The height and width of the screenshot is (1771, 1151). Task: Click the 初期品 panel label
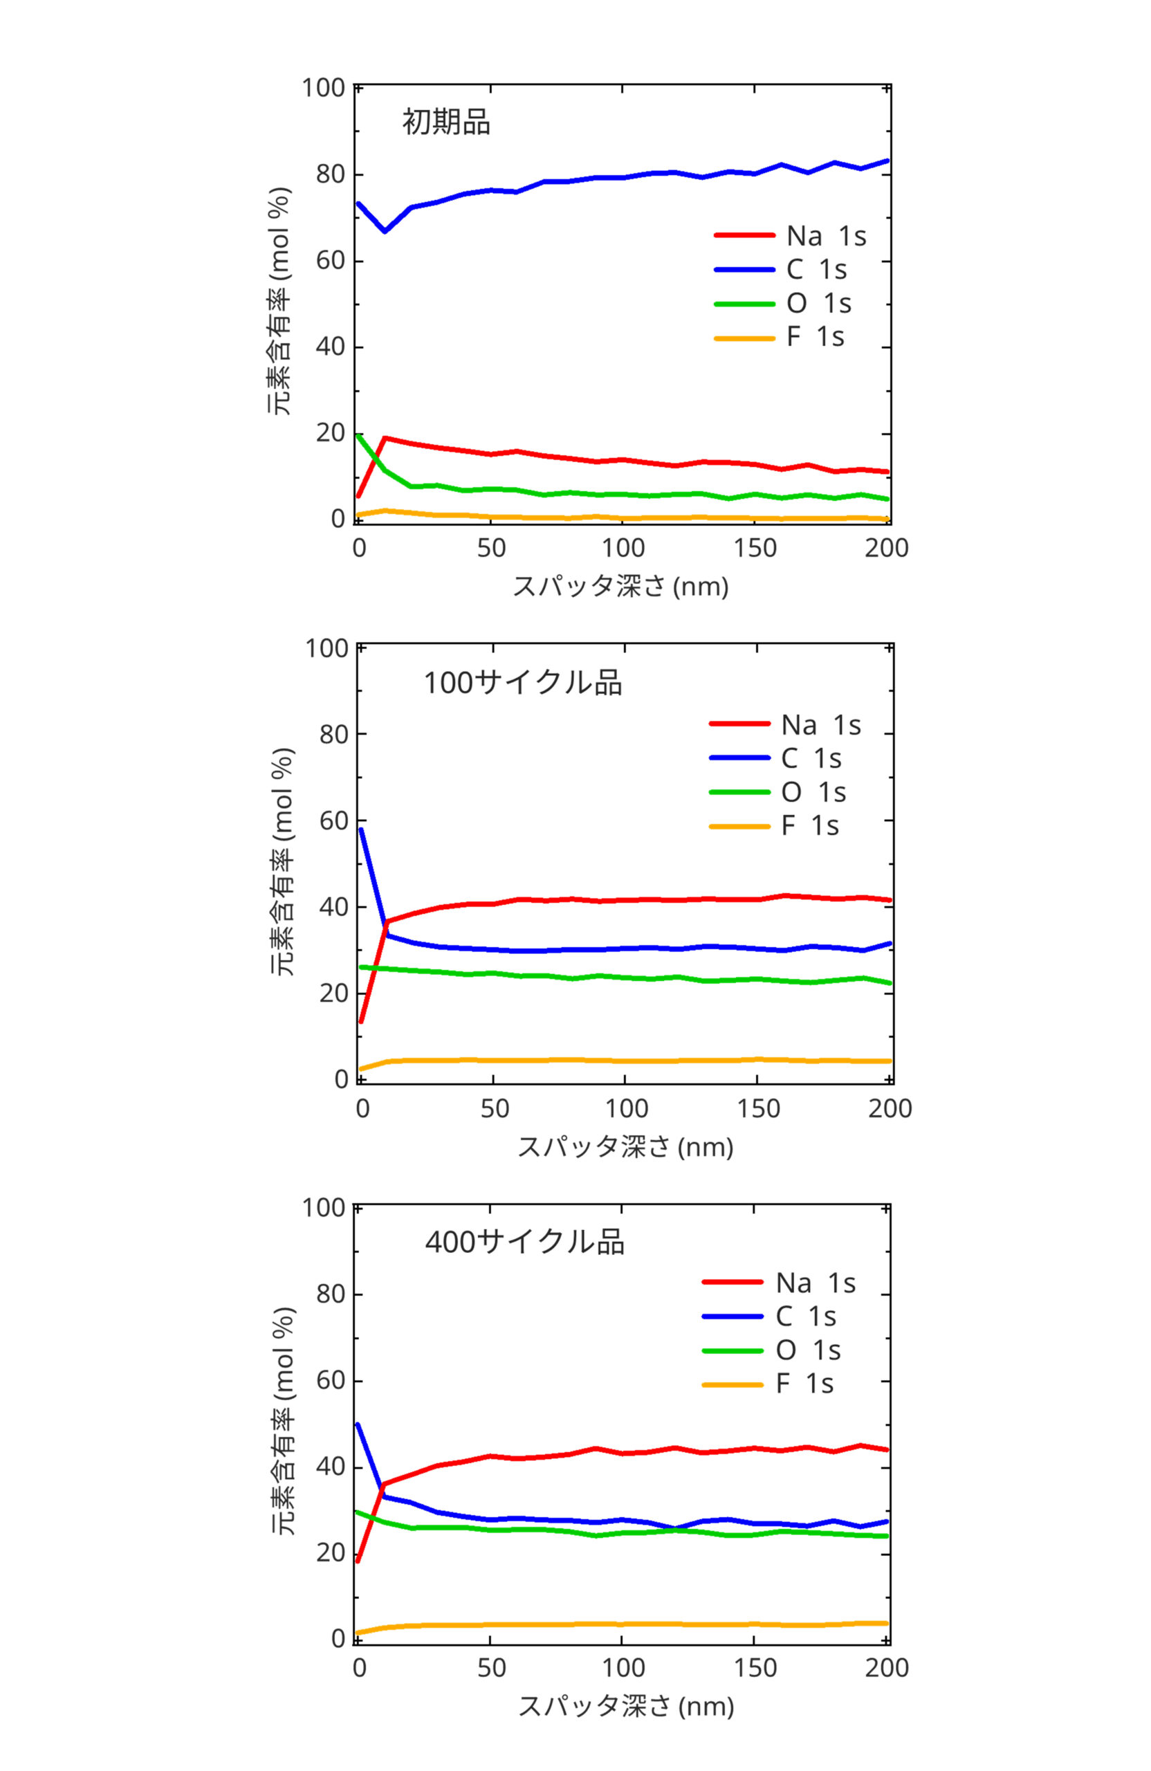pyautogui.click(x=445, y=122)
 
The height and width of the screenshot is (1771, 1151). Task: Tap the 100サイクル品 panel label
pyautogui.click(x=522, y=682)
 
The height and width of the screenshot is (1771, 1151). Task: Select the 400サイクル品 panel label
pyautogui.click(x=524, y=1242)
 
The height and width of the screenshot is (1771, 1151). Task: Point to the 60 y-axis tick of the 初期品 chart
pyautogui.click(x=331, y=261)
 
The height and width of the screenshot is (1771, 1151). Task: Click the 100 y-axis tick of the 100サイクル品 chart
pyautogui.click(x=326, y=648)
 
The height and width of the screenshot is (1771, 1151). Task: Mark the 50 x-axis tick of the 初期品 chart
pyautogui.click(x=491, y=549)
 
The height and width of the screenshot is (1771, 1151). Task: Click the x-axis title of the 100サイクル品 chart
pyautogui.click(x=625, y=1147)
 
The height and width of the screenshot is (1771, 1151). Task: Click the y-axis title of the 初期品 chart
pyautogui.click(x=279, y=302)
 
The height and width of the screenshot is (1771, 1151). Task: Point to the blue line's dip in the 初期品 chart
pyautogui.click(x=385, y=230)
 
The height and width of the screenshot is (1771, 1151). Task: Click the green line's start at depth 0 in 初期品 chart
pyautogui.click(x=358, y=435)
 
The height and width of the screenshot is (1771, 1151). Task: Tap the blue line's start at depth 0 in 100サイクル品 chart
pyautogui.click(x=361, y=829)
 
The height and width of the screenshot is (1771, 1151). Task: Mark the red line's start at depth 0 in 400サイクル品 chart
pyautogui.click(x=358, y=1561)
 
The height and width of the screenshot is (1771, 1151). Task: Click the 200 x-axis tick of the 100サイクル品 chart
pyautogui.click(x=890, y=1109)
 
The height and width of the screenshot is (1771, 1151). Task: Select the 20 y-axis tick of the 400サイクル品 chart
pyautogui.click(x=331, y=1553)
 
